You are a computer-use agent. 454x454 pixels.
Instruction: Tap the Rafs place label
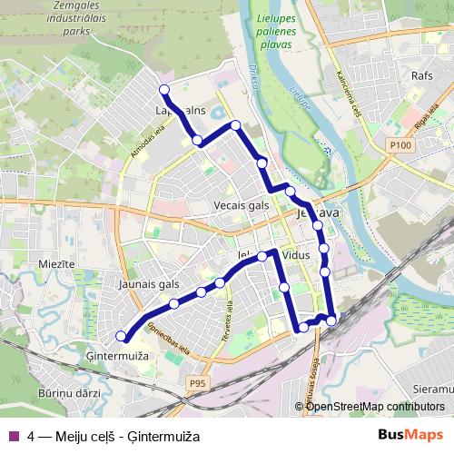[x=422, y=76]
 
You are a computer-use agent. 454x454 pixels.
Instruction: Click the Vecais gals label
[x=242, y=205]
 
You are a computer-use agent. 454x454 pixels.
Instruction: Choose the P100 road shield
[x=400, y=143]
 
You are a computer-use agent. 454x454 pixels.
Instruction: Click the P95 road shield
[x=199, y=384]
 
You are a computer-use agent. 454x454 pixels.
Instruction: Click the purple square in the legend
[x=14, y=434]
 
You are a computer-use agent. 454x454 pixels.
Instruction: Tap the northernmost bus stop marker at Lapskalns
[x=164, y=89]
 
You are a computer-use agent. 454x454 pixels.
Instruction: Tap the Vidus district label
[x=296, y=256]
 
